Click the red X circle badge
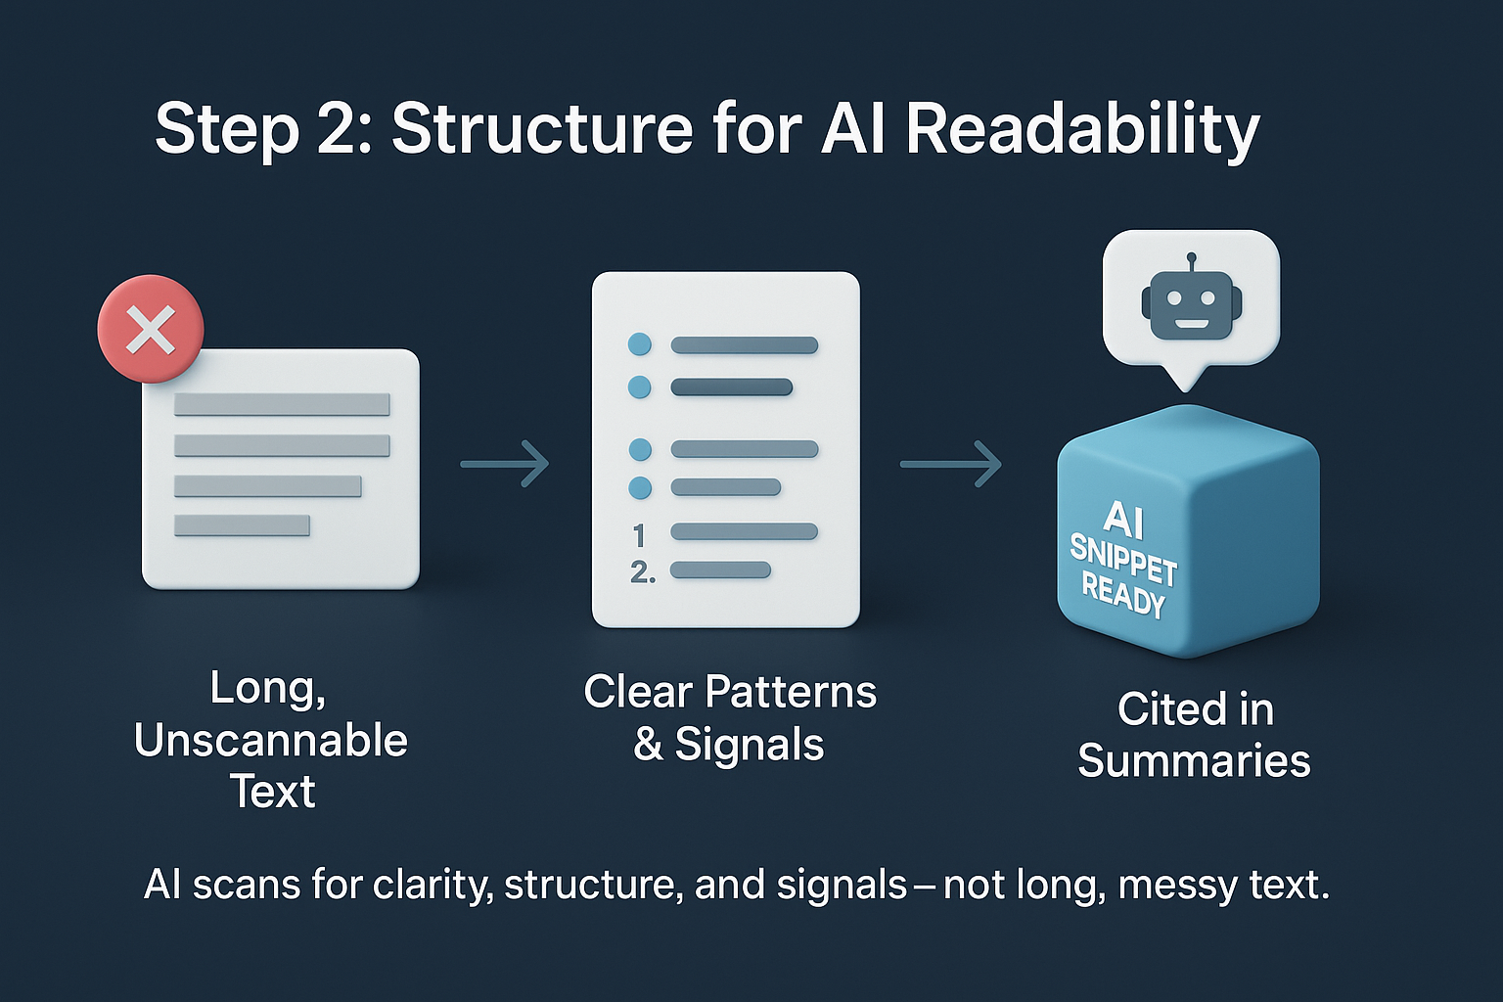pyautogui.click(x=151, y=329)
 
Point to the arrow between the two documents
pyautogui.click(x=505, y=463)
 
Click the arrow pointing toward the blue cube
pyautogui.click(x=950, y=463)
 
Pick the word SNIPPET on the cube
pyautogui.click(x=1122, y=560)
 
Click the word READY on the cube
pyautogui.click(x=1122, y=594)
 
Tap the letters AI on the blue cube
pyautogui.click(x=1123, y=520)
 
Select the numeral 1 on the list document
pyautogui.click(x=639, y=535)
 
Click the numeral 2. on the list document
pyautogui.click(x=642, y=571)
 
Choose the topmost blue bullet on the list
pyautogui.click(x=639, y=344)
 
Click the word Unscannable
pyautogui.click(x=271, y=741)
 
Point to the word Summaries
pyautogui.click(x=1194, y=761)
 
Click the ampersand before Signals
pyautogui.click(x=648, y=744)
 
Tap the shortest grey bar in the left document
pyautogui.click(x=242, y=525)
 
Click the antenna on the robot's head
pyautogui.click(x=1191, y=261)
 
